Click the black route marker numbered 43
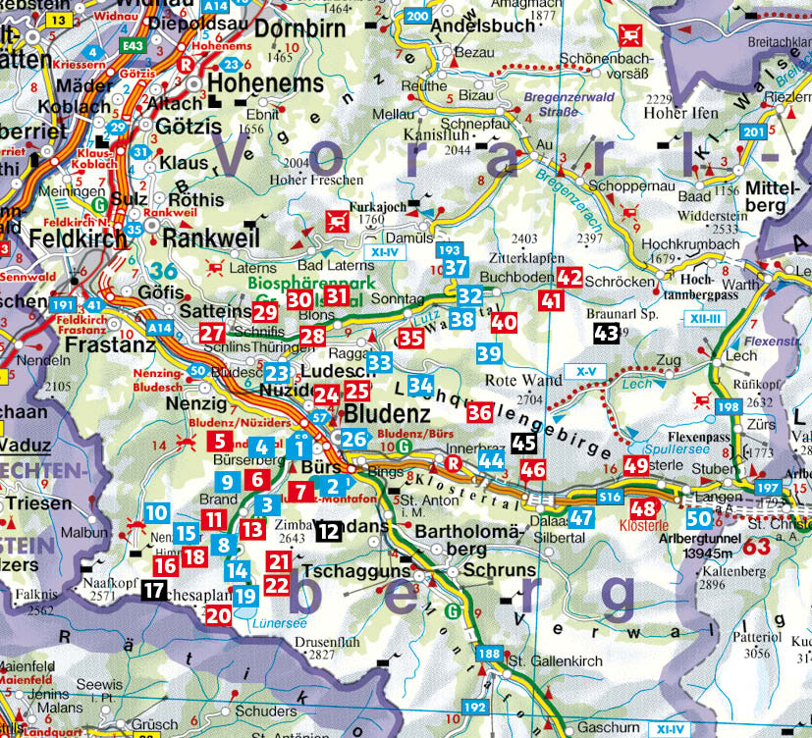click(x=606, y=334)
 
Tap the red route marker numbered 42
click(x=569, y=278)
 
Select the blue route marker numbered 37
click(x=455, y=267)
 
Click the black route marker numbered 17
click(x=154, y=590)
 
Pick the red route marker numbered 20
click(x=218, y=614)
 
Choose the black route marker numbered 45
click(x=524, y=444)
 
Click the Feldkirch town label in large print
click(x=78, y=238)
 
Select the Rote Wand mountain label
click(x=516, y=381)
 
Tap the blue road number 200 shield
click(x=417, y=16)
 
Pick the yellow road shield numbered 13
click(x=58, y=19)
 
